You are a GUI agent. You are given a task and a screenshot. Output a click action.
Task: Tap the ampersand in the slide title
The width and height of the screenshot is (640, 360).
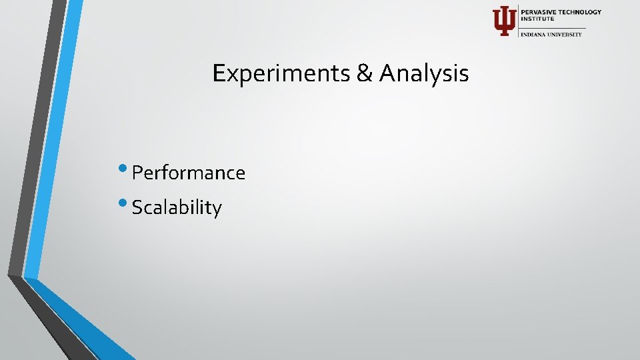(x=365, y=73)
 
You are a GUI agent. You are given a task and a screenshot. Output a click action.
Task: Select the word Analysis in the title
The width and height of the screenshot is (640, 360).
(x=424, y=73)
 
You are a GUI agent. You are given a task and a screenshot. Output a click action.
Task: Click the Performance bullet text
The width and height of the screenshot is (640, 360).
(x=189, y=173)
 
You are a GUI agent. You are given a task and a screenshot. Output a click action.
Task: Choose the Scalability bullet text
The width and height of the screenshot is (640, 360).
(x=177, y=208)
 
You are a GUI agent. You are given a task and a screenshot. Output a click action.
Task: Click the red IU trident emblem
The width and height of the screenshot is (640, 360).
(x=504, y=21)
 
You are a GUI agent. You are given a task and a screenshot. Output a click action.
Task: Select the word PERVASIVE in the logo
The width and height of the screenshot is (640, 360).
(x=537, y=12)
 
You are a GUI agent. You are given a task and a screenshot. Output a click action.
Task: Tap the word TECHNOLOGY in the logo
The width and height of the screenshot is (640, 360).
(x=579, y=12)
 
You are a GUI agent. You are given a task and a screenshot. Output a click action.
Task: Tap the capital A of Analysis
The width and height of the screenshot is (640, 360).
(x=386, y=73)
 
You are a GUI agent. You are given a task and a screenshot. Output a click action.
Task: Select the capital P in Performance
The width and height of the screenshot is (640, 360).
(x=137, y=173)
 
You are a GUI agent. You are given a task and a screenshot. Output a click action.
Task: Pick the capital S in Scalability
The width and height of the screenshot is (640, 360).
(x=137, y=208)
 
